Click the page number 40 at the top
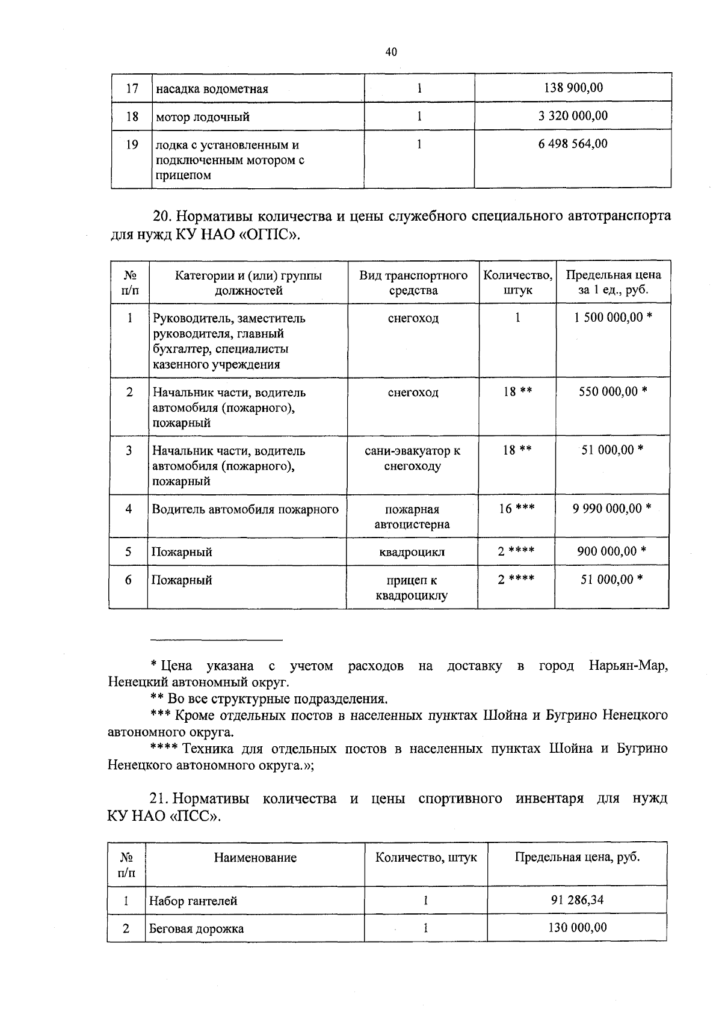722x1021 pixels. (x=390, y=52)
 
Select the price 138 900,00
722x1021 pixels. (x=573, y=88)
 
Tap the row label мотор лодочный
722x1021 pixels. (x=203, y=117)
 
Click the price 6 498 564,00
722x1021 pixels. (x=573, y=144)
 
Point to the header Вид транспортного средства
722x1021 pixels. (x=413, y=283)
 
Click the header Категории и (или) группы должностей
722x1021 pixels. (x=248, y=283)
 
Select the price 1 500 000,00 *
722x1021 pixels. (x=612, y=317)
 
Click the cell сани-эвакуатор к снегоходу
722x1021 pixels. (x=413, y=458)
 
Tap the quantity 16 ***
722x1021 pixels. (x=517, y=509)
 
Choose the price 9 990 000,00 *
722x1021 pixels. (x=612, y=509)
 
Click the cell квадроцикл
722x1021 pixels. (x=412, y=551)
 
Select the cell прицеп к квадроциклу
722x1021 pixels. (x=412, y=587)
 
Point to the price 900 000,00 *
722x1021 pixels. (x=611, y=551)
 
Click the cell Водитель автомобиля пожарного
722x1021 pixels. (x=245, y=509)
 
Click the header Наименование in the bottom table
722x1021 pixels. (x=255, y=857)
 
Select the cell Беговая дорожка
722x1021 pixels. (x=196, y=928)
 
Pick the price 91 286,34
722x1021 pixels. (x=577, y=900)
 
